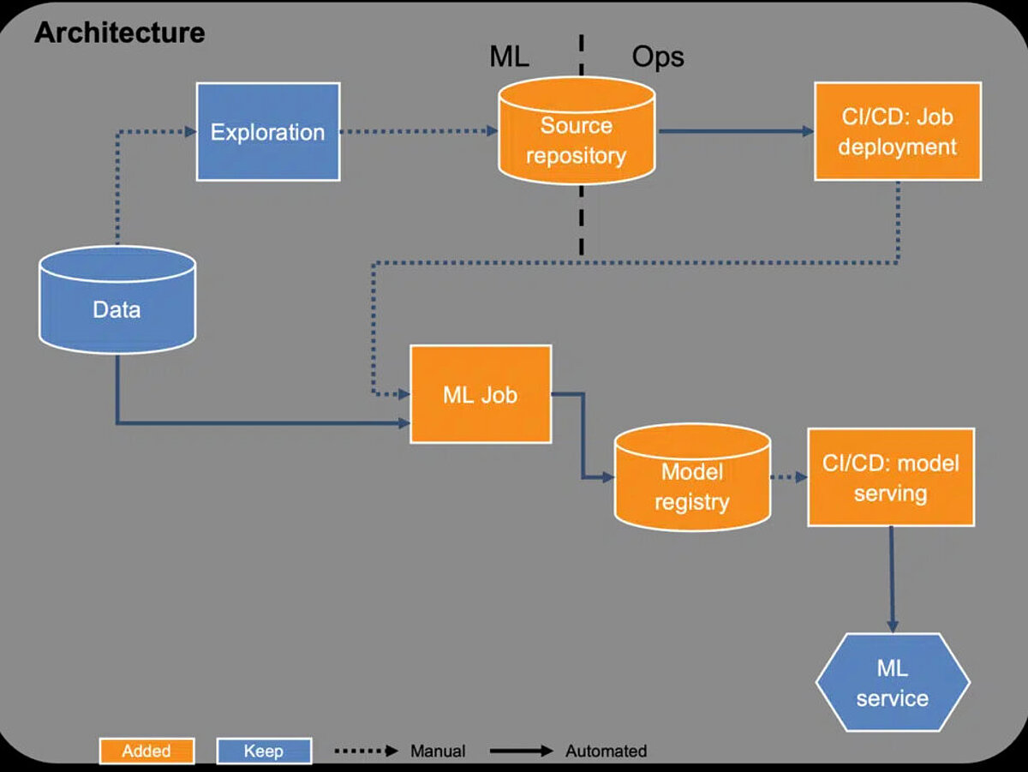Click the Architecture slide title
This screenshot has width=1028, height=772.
click(119, 33)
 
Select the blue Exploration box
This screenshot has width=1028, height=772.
click(268, 132)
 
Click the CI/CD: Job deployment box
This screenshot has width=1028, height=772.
click(897, 131)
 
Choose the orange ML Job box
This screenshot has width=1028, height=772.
click(480, 394)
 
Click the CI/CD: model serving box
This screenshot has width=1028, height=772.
click(890, 477)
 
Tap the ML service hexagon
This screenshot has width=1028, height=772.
click(892, 683)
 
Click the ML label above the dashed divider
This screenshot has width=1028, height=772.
click(509, 57)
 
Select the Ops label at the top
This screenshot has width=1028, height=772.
click(658, 57)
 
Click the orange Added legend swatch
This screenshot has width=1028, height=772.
click(146, 751)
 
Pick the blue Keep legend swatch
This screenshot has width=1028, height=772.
click(264, 751)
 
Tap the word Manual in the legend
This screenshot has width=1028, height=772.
click(438, 751)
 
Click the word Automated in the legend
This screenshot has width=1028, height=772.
click(606, 751)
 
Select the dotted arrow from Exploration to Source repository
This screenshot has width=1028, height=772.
click(419, 132)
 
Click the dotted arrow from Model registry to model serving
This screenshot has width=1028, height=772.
click(788, 477)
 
